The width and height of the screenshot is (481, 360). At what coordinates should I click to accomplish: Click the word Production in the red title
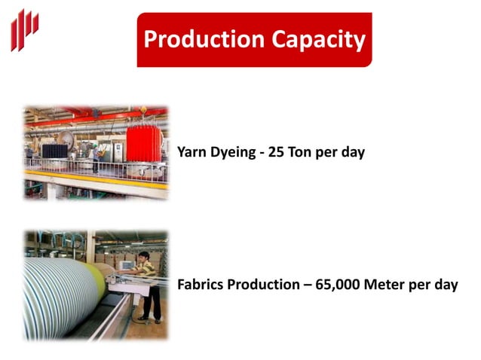(x=195, y=39)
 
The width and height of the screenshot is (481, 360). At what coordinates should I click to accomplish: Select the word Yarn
(x=191, y=152)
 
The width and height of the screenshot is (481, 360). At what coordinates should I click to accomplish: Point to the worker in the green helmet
(x=95, y=154)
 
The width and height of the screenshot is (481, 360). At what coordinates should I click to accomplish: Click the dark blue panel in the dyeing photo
(x=54, y=151)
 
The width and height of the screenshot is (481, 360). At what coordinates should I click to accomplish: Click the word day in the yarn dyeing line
(x=351, y=153)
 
